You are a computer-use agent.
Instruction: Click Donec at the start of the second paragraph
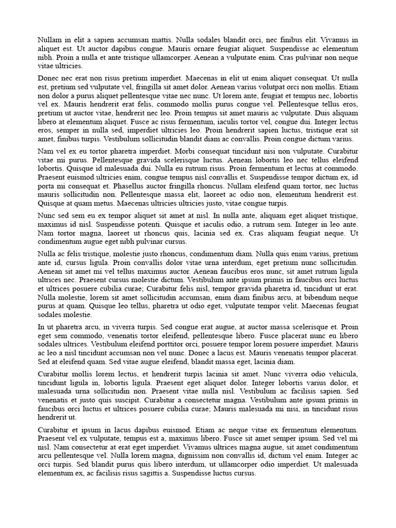point(49,78)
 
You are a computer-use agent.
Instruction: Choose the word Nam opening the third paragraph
point(45,151)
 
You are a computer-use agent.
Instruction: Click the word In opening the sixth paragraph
point(41,326)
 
